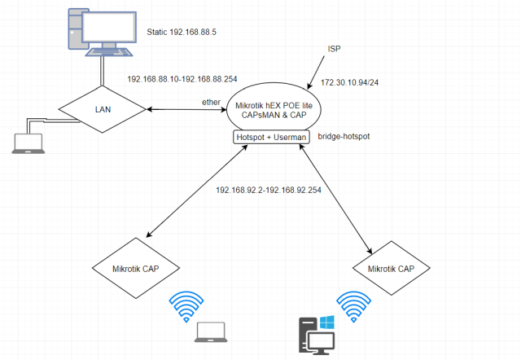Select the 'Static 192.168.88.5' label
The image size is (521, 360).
coord(192,33)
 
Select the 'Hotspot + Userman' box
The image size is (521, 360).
coord(271,138)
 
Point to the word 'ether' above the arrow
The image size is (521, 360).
coord(212,101)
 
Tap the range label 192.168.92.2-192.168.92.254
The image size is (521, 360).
coord(269,189)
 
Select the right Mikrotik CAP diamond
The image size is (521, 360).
coord(396,268)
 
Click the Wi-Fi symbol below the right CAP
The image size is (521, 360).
coord(359,308)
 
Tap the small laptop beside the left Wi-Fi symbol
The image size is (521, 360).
coord(212,331)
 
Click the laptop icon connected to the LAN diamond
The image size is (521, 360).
coord(25,143)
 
